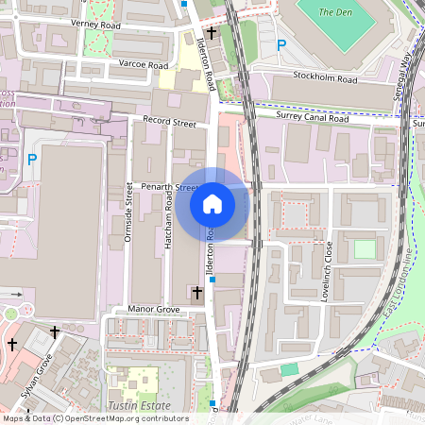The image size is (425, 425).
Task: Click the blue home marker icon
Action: coord(212,204)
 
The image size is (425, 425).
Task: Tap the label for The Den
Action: coord(335,12)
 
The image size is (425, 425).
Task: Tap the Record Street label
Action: coord(169,122)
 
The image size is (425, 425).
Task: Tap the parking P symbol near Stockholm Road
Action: coord(280,44)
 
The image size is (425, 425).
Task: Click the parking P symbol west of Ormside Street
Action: coord(31,161)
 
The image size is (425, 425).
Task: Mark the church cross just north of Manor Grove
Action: coord(196,294)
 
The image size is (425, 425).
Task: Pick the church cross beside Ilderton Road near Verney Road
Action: coord(211,33)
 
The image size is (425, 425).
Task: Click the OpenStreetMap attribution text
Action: coord(94,418)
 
